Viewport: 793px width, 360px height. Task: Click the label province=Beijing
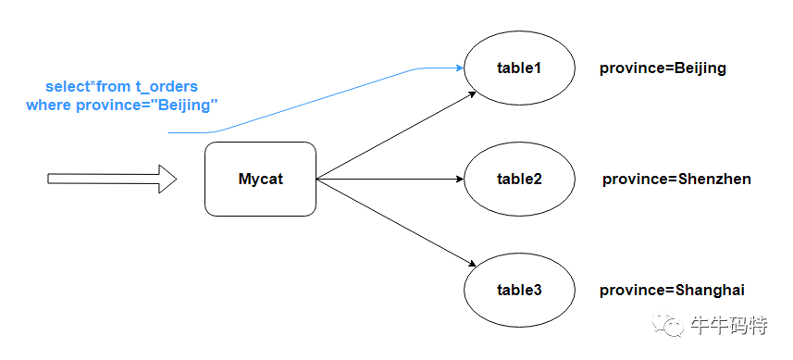663,68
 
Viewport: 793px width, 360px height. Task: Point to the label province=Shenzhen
676,180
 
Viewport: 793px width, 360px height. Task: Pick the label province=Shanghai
672,291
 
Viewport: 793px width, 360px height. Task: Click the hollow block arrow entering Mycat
112,179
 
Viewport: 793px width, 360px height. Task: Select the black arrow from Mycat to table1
396,135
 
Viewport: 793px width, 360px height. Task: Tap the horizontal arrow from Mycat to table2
390,179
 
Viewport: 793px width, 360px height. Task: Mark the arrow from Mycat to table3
396,222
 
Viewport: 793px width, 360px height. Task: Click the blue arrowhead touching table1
460,68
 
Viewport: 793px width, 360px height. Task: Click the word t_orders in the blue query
166,86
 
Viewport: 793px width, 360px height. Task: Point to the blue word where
49,106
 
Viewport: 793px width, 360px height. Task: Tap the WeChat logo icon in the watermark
667,324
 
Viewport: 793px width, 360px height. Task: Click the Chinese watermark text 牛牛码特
729,325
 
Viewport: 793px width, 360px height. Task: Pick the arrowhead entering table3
471,264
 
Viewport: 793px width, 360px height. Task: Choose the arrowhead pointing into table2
460,179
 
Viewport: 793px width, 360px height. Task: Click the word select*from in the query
88,86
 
